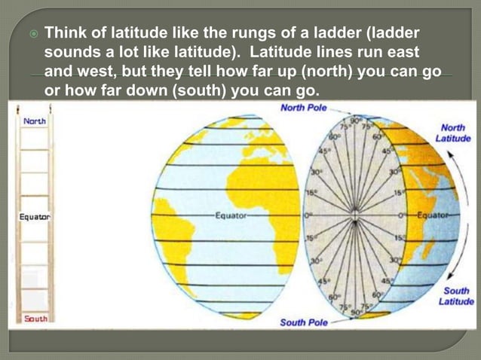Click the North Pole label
304,108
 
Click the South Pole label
304,323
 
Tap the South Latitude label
456,296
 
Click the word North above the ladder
34,121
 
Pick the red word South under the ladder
35,319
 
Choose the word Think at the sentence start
67,35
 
